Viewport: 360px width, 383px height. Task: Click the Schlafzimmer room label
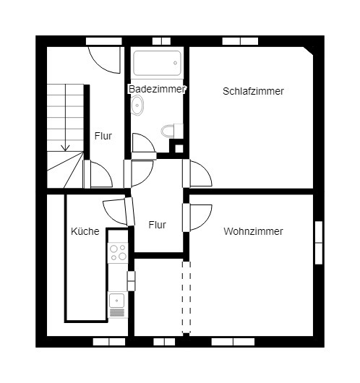[253, 91]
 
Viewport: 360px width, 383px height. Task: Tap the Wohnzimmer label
[253, 231]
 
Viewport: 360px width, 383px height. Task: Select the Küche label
[85, 231]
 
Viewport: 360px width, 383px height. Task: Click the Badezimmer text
[157, 89]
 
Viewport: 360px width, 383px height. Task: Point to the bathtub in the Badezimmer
[157, 63]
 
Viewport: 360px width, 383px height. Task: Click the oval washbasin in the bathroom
[137, 106]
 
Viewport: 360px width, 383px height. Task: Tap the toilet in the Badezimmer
[172, 131]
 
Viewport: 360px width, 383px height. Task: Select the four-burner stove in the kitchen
[118, 253]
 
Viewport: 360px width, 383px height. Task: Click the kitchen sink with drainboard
[117, 305]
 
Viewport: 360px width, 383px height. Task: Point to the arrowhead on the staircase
[65, 148]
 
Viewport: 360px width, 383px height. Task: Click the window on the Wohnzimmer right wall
[319, 243]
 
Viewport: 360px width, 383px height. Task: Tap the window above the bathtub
[161, 41]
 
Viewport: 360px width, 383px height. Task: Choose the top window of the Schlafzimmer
[240, 41]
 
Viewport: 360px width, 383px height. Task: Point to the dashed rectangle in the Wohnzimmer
[187, 297]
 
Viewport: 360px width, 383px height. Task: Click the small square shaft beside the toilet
[179, 149]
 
